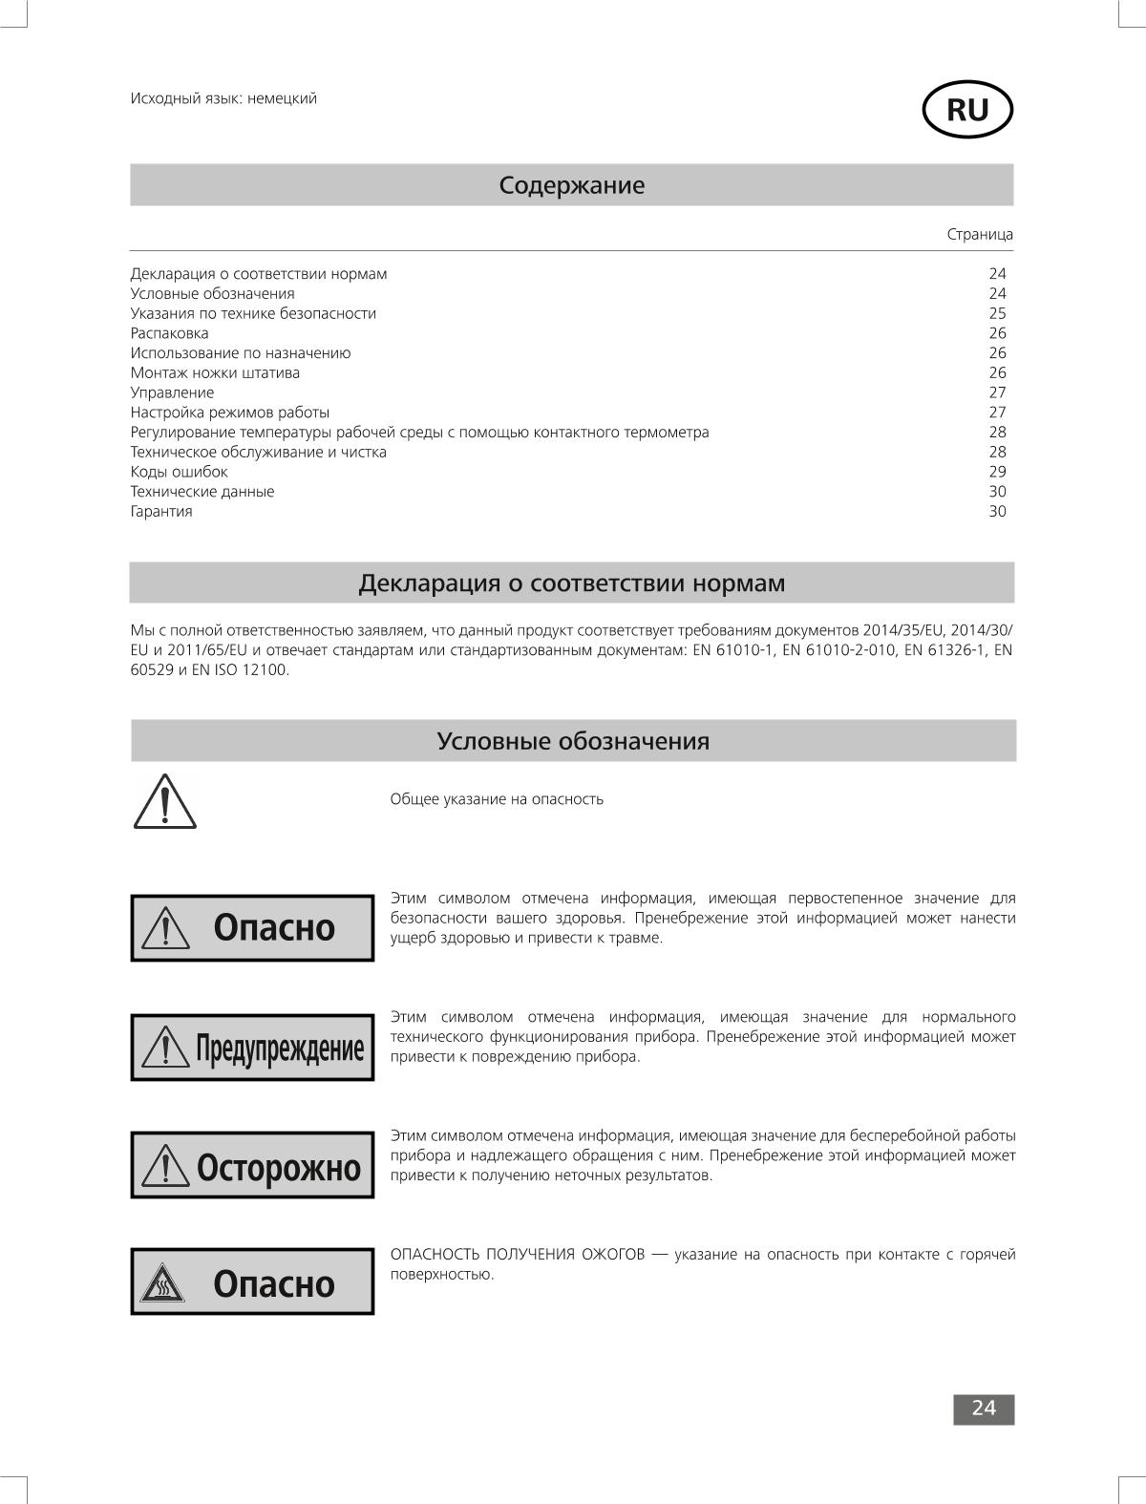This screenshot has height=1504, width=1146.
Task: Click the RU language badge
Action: point(966,111)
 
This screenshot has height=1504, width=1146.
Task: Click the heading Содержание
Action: point(571,185)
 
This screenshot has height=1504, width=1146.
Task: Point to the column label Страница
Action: point(980,234)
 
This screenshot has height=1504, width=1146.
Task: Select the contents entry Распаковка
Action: point(169,333)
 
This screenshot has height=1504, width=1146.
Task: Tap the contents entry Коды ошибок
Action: point(179,472)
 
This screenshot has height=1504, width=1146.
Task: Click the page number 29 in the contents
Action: point(997,472)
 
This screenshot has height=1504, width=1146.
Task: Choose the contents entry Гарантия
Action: point(161,511)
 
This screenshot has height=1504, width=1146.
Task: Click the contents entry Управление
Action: point(172,392)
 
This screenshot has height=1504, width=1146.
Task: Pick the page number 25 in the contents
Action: point(997,313)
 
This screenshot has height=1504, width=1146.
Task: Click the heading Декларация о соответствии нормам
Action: point(571,583)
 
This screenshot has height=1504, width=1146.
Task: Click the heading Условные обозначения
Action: point(573,741)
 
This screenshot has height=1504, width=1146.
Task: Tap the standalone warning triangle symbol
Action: point(164,802)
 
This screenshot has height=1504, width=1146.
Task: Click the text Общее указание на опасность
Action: point(497,799)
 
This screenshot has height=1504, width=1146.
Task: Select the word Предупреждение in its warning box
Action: point(280,1049)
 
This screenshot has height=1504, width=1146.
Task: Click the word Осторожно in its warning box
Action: point(279,1167)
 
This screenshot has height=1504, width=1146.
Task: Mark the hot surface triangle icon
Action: point(162,1285)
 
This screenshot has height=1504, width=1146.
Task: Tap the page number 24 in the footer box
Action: point(984,1409)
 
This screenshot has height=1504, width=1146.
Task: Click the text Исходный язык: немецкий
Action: point(223,98)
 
